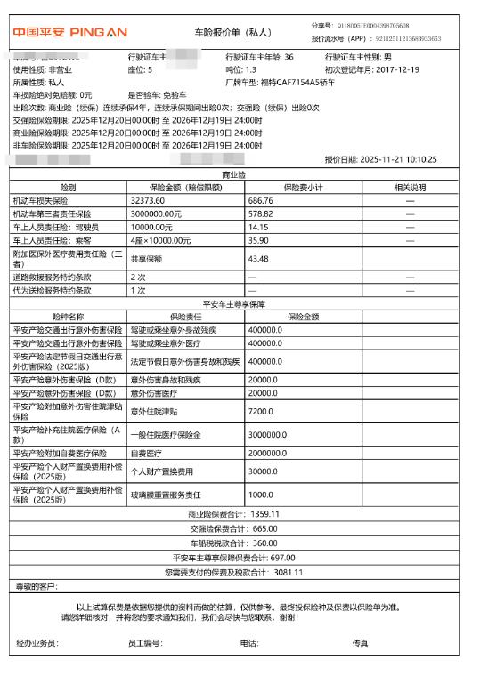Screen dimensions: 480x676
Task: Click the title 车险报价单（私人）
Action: click(x=232, y=33)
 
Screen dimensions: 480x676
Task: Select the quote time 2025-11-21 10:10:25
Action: click(x=405, y=159)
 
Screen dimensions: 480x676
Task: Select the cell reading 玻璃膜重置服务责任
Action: click(x=166, y=495)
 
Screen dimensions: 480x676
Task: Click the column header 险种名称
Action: click(x=68, y=316)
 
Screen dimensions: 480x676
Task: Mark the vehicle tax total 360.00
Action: click(x=265, y=542)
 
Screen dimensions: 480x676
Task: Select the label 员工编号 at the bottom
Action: click(x=145, y=641)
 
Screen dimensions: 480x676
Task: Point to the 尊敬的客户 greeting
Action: click(x=37, y=585)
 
